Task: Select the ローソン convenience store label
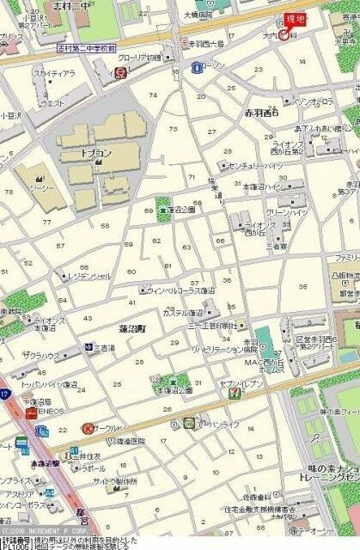[x=207, y=64]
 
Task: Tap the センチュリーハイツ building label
[x=256, y=164]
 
